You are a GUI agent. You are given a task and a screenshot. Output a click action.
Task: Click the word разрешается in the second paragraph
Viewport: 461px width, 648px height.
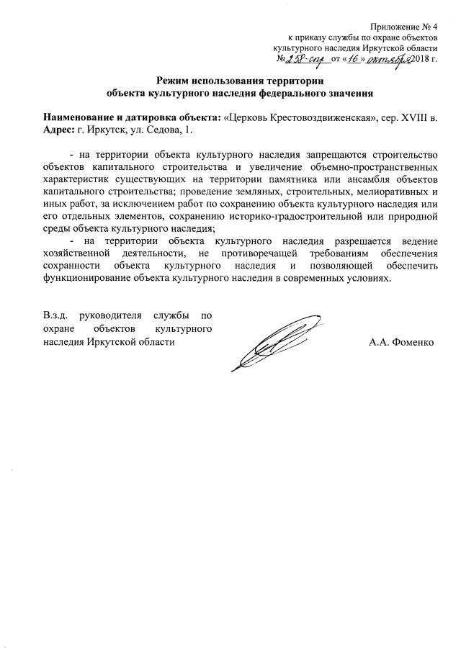coord(352,243)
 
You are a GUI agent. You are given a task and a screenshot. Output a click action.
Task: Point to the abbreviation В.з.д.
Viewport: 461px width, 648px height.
coord(55,316)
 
